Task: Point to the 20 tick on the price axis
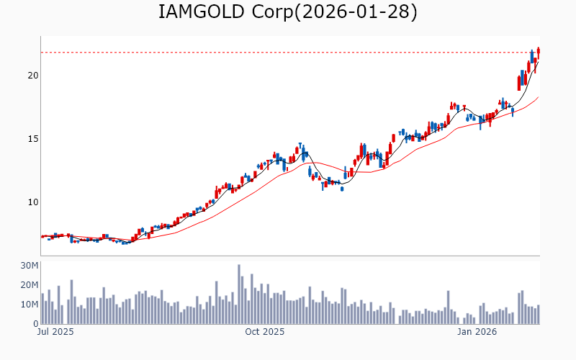33,75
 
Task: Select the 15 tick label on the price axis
33,138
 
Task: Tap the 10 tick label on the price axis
33,202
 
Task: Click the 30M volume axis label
30,266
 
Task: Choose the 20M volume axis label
30,285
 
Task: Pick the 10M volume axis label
30,305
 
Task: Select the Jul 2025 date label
55,333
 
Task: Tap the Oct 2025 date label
264,333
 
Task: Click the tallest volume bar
239,294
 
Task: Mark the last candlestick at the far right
538,51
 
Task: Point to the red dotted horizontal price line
288,52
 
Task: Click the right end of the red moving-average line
538,97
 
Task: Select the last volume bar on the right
538,315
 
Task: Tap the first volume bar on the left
42,308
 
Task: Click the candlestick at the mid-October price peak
300,148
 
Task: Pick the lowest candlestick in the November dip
342,189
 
